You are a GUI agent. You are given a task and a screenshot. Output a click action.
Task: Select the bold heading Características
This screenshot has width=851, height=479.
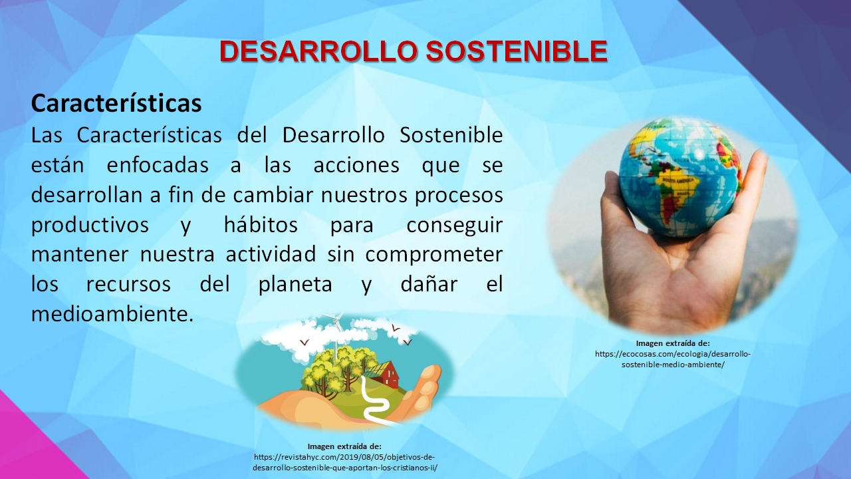pyautogui.click(x=116, y=104)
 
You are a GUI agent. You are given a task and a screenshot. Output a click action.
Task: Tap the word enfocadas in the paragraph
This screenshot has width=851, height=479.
pyautogui.click(x=156, y=165)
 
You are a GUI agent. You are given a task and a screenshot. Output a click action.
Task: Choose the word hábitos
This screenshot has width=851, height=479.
pyautogui.click(x=261, y=225)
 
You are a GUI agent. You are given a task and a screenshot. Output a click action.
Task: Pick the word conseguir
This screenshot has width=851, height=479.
pyautogui.click(x=454, y=225)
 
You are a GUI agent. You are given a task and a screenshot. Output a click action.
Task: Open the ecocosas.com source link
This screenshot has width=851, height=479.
pyautogui.click(x=673, y=359)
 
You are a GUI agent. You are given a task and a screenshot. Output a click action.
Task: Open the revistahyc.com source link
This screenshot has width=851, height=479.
pyautogui.click(x=344, y=462)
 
